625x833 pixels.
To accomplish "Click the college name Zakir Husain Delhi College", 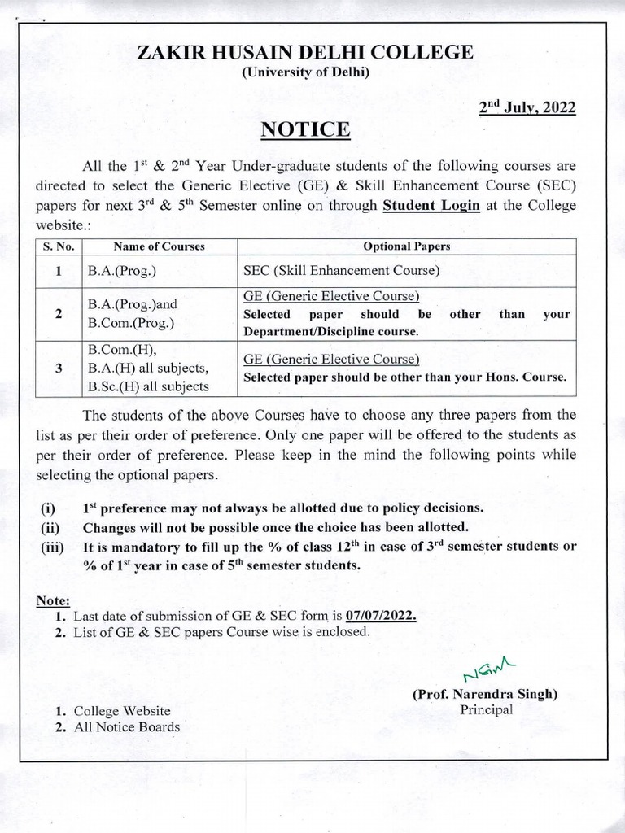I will coord(305,53).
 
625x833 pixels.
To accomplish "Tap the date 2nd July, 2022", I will coord(527,107).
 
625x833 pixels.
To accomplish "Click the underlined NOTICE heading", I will coord(305,130).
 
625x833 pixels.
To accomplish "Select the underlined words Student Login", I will coord(431,206).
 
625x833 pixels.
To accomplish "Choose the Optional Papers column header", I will coord(406,246).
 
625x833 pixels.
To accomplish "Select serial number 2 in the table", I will coord(59,314).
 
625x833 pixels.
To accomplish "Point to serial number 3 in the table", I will coord(59,368).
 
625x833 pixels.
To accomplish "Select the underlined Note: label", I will coord(53,600).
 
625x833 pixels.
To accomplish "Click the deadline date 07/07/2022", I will coord(382,616).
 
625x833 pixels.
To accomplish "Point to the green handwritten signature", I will coord(483,672).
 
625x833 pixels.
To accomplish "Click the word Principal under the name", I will coord(487,710).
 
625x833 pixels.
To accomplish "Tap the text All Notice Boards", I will coord(126,726).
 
